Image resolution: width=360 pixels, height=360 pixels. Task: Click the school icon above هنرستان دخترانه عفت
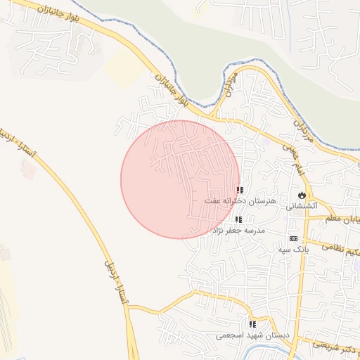click(240, 190)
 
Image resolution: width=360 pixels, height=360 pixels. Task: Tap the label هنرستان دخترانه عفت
click(241, 200)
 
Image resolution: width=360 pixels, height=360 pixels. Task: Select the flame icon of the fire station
click(302, 194)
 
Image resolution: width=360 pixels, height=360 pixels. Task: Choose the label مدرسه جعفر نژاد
click(241, 231)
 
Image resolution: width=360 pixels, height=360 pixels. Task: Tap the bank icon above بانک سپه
click(293, 239)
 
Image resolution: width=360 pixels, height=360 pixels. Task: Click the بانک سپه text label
click(293, 250)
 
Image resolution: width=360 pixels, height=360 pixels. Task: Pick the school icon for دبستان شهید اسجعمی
click(252, 324)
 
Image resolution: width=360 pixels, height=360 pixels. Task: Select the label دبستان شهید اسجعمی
click(252, 335)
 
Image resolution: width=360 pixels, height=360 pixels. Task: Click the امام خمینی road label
click(296, 155)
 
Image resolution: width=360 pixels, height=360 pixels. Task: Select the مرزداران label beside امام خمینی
click(302, 132)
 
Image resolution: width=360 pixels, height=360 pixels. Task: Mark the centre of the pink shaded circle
click(181, 179)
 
